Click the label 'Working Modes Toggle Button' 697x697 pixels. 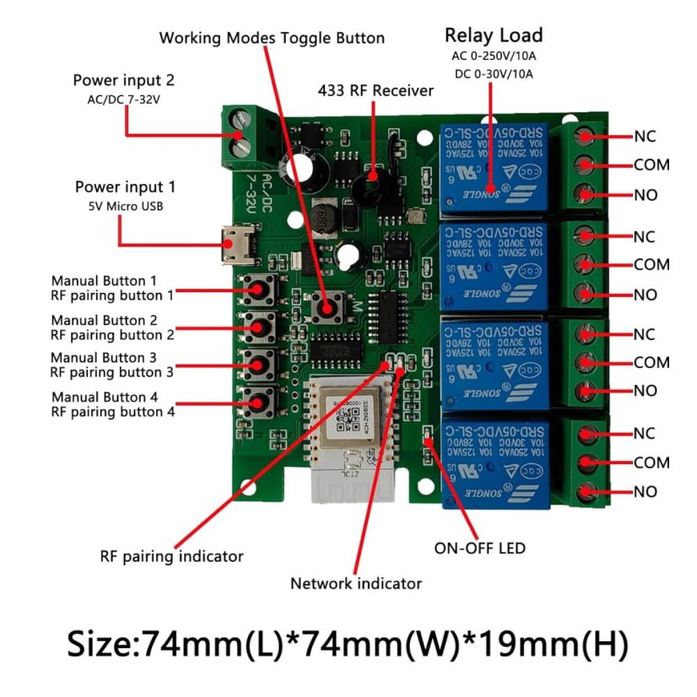click(272, 38)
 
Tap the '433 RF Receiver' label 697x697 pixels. click(376, 90)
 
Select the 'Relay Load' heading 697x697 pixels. click(494, 35)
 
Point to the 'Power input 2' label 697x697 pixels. click(124, 81)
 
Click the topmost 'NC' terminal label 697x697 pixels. click(645, 136)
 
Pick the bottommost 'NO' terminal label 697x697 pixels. click(646, 491)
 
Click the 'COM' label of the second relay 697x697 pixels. click(651, 264)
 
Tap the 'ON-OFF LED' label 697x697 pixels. click(479, 548)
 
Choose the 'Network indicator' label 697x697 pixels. click(356, 583)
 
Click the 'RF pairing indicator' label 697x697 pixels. click(171, 556)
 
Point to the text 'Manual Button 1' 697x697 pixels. click(104, 280)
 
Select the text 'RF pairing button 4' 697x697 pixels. click(112, 412)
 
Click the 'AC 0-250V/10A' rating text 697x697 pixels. click(494, 57)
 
